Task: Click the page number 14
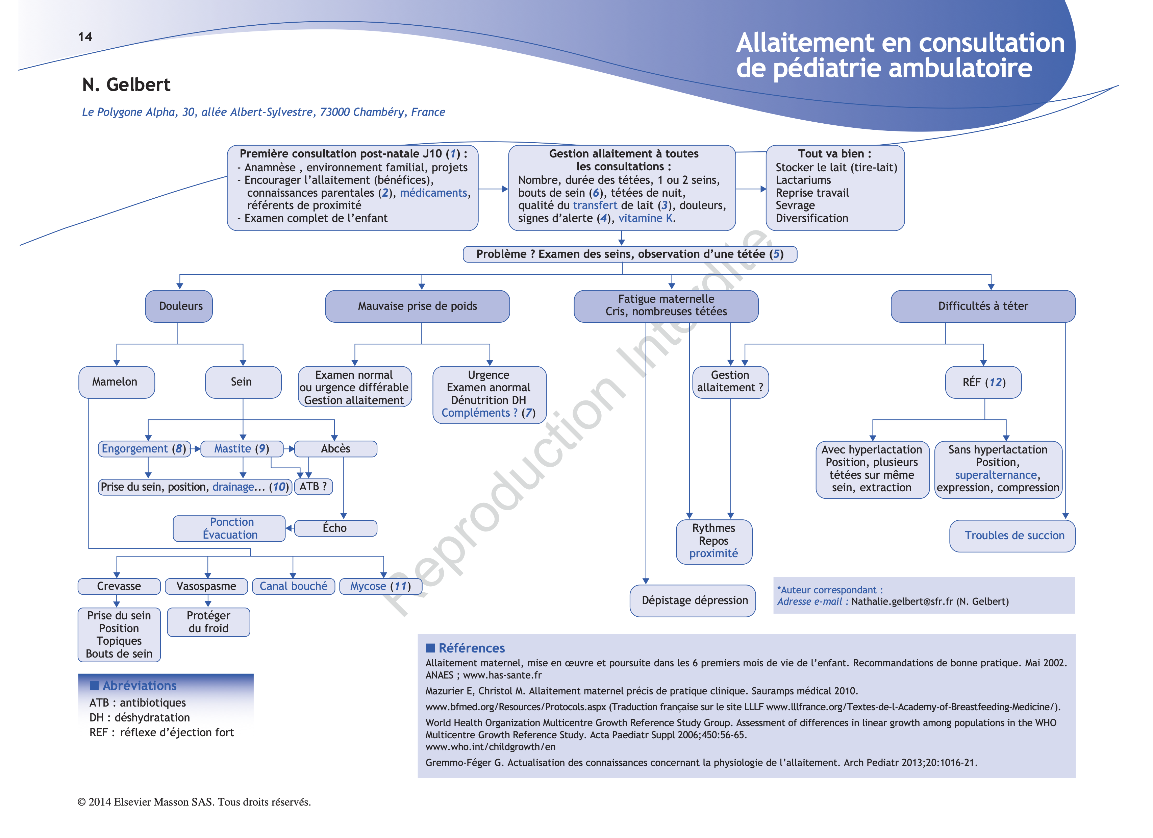coord(85,36)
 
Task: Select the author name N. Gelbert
coord(126,84)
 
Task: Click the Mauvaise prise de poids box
coord(417,306)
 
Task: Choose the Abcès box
coord(335,448)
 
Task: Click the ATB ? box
coord(313,487)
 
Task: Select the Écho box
coord(335,528)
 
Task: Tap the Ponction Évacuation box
coord(229,528)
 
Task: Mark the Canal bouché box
coord(293,586)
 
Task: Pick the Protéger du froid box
coord(208,622)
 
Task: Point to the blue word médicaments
coord(433,193)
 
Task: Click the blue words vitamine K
coord(646,218)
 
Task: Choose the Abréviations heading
coord(139,686)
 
